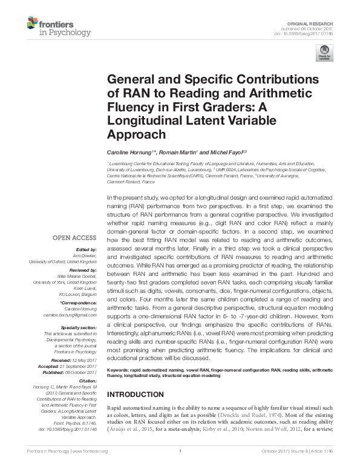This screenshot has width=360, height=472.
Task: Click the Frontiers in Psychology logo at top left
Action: pos(58,27)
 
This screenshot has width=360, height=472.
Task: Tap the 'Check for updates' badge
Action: pos(325,53)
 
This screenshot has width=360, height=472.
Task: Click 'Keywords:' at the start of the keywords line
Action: pos(119,369)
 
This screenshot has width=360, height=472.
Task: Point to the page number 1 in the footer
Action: pos(180,467)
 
